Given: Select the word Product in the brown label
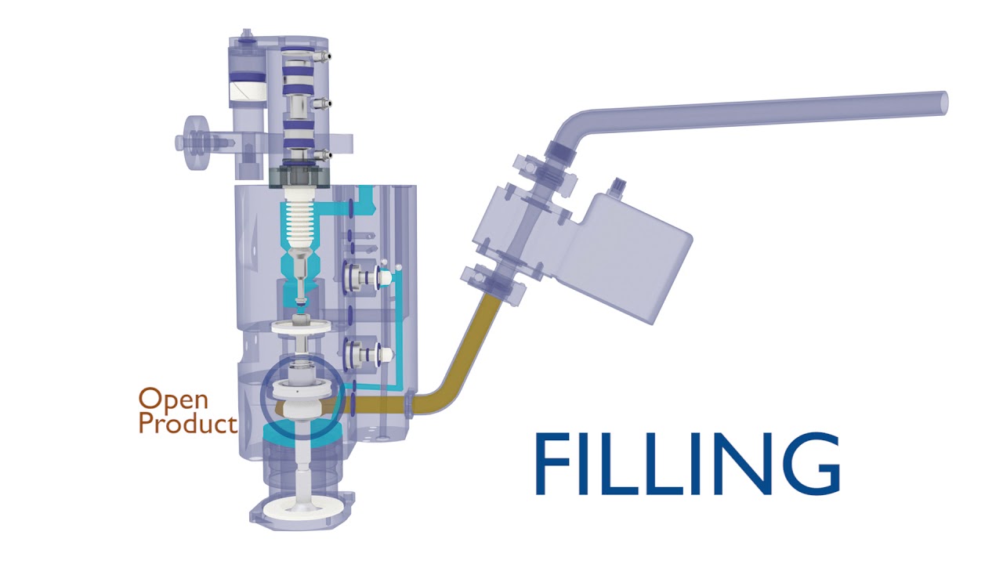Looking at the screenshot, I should click(187, 424).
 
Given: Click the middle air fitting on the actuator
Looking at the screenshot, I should click(328, 102).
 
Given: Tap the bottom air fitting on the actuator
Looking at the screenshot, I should click(328, 154).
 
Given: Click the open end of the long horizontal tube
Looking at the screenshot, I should click(943, 102).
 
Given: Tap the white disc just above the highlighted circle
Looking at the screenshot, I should click(301, 327).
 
